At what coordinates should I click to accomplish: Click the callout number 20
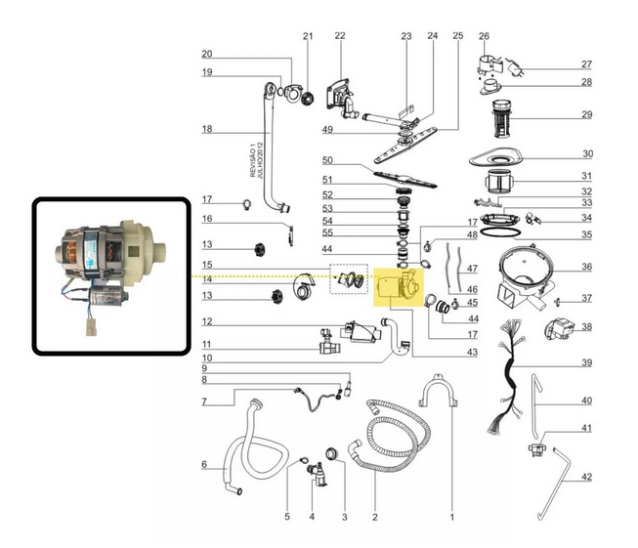tap(207, 54)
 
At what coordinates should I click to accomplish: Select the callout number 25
tap(457, 36)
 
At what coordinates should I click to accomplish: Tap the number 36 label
tap(587, 268)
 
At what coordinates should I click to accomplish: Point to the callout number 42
tap(587, 477)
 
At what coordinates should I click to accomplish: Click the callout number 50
tap(328, 160)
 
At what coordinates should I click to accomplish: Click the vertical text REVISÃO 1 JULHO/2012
tap(255, 155)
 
